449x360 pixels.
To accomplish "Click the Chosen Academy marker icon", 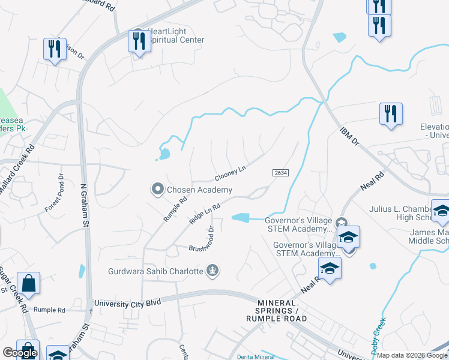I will coord(158,190).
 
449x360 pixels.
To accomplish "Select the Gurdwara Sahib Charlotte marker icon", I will coord(212,271).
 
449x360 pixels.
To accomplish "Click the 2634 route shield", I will coord(280,173).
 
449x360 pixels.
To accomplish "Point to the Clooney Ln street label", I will coord(231,173).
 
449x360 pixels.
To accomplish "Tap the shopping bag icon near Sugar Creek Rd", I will coord(29,283).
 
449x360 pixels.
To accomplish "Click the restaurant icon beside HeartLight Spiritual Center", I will coord(139,41).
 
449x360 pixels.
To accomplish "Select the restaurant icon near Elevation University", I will coord(391,113).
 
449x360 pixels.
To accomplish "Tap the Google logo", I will coord(20,353).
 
